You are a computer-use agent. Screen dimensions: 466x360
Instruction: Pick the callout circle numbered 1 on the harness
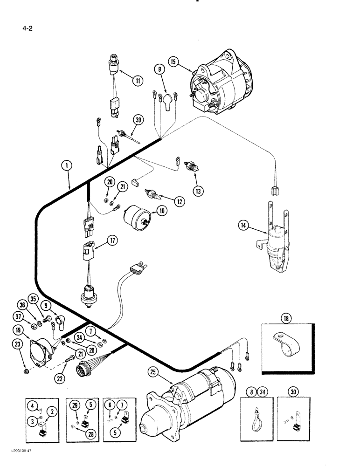(x=67, y=164)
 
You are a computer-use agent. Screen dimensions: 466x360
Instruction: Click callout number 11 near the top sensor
(x=138, y=81)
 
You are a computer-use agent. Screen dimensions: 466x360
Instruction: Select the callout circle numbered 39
(x=138, y=120)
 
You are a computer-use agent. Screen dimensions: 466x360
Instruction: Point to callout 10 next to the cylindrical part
(x=162, y=211)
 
